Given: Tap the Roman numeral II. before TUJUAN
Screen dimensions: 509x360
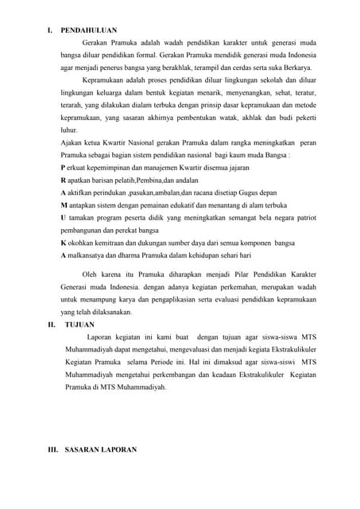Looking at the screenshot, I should point(52,325).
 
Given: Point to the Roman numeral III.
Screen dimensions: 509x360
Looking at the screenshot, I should point(53,450).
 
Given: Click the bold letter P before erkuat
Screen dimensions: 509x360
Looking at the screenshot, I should point(63,168).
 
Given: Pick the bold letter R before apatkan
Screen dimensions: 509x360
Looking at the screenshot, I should point(63,181).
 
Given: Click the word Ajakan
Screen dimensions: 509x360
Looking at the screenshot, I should point(73,142).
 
